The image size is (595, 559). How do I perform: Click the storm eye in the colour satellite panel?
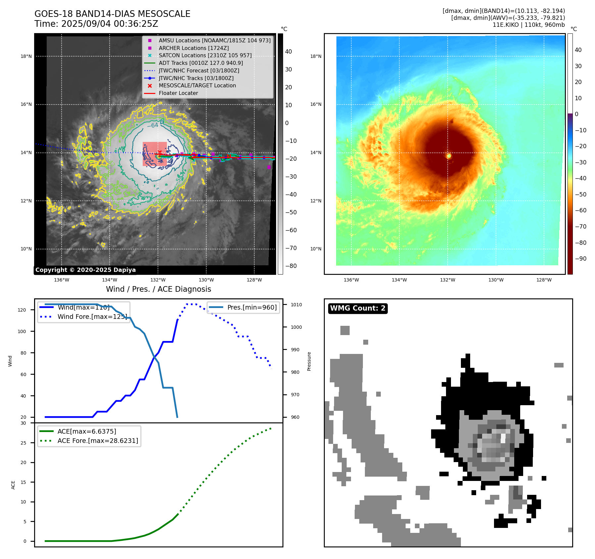449,156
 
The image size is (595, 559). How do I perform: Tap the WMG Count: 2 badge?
358,308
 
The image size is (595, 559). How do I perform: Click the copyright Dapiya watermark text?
85,270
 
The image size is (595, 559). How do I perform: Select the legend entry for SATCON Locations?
205,56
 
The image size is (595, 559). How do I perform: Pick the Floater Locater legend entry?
178,93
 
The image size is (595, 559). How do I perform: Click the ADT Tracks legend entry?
201,63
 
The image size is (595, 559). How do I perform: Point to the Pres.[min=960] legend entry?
252,307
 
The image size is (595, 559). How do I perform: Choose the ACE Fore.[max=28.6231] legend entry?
98,441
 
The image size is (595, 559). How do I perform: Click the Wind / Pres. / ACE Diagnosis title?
158,289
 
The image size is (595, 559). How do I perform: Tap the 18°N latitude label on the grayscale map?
26,56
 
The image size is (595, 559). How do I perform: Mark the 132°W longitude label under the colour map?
447,280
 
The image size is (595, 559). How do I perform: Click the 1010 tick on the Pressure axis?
296,305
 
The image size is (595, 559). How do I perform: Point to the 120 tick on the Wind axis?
22,310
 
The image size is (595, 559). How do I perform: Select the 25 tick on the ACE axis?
23,443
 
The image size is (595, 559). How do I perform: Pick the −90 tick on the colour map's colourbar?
580,259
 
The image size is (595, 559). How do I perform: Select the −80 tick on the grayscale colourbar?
291,266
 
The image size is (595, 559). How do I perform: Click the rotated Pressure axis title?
309,361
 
